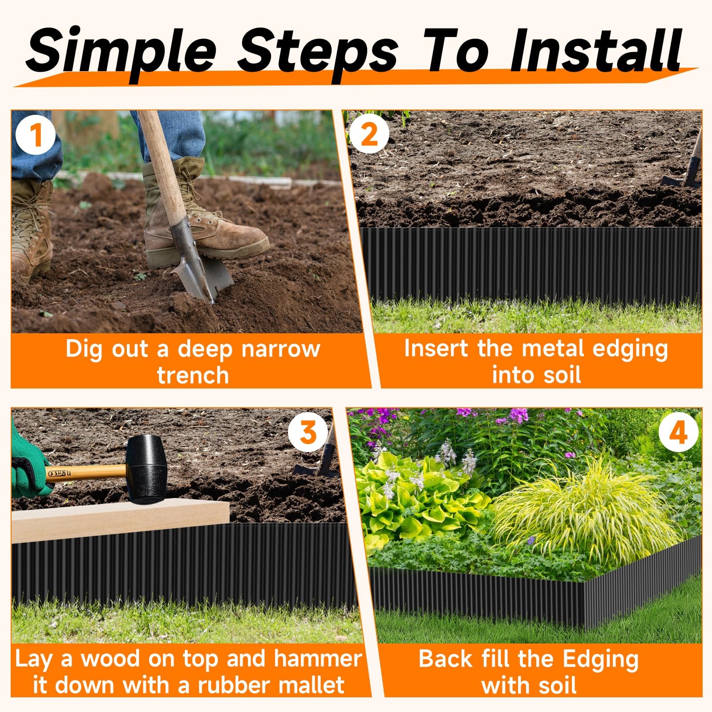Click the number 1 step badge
[36, 135]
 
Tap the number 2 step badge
[369, 134]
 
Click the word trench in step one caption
[193, 375]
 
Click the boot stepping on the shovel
[200, 222]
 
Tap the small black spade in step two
[683, 174]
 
